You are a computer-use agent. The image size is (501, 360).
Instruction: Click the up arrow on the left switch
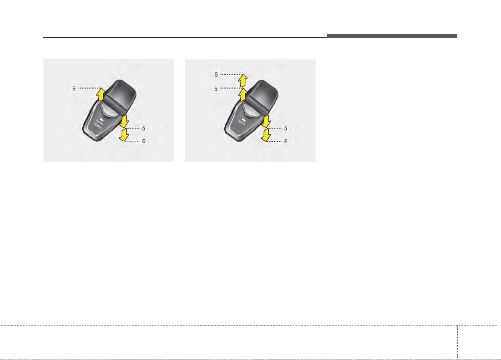[x=101, y=94]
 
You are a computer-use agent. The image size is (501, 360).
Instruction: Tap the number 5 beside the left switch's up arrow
[x=74, y=89]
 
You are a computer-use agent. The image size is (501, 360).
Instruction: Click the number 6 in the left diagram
[x=144, y=141]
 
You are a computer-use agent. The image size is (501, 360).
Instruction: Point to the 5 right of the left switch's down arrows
[x=144, y=128]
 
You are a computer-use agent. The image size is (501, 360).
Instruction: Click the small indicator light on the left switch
[x=102, y=120]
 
